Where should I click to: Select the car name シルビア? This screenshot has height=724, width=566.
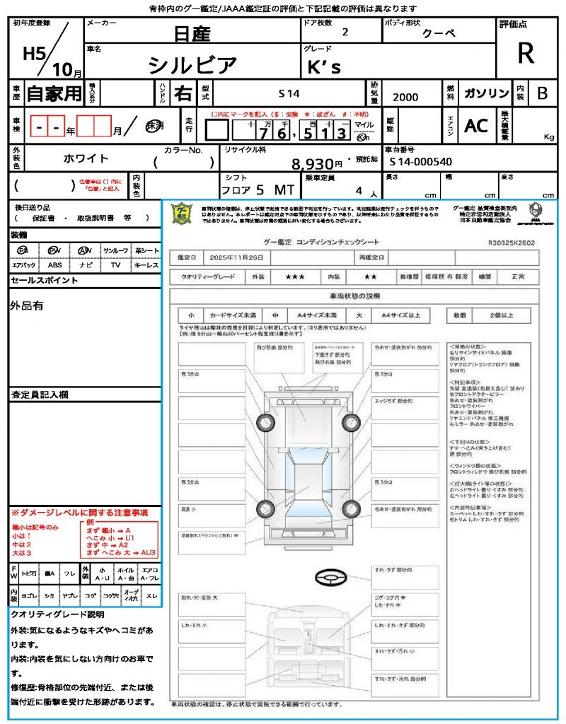[192, 65]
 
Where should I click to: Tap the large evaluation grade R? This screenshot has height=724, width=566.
[526, 54]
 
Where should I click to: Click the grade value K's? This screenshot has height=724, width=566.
[325, 66]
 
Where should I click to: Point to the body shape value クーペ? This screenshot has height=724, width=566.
[439, 33]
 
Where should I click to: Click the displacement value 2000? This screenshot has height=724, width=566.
[405, 97]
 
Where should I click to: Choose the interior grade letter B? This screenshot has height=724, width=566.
[542, 93]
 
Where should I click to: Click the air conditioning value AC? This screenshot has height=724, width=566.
[476, 126]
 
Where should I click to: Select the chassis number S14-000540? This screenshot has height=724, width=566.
[420, 162]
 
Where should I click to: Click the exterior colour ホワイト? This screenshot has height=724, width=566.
[87, 159]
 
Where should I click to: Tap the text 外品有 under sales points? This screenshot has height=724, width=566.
[27, 305]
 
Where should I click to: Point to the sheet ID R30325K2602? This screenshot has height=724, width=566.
[512, 242]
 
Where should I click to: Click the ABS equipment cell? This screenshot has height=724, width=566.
[54, 265]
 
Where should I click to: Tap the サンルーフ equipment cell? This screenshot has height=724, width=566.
[115, 250]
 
